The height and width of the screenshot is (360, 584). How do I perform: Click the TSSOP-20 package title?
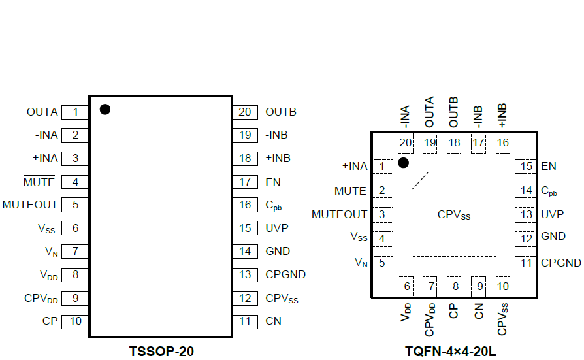[x=160, y=352]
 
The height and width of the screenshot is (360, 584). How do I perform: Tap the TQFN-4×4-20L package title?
[x=450, y=352]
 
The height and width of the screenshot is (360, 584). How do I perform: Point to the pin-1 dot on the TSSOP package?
[x=105, y=109]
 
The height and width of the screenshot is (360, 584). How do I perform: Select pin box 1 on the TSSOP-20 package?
[x=75, y=112]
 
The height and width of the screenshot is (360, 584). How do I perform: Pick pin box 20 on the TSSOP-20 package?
[x=245, y=112]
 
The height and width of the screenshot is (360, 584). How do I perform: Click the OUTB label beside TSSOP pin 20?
[x=281, y=112]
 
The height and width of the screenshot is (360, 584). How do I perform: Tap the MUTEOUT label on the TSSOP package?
[x=30, y=205]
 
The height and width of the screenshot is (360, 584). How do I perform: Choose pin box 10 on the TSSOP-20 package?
[x=75, y=321]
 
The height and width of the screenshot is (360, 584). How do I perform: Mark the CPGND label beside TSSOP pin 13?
[x=285, y=275]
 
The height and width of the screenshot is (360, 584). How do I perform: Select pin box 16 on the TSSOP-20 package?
[x=245, y=205]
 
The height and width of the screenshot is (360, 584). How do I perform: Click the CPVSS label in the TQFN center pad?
[x=454, y=214]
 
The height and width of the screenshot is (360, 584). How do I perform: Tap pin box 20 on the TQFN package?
[x=406, y=143]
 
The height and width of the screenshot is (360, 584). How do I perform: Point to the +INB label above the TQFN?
[x=502, y=114]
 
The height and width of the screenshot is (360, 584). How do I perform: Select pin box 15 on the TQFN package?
[x=526, y=167]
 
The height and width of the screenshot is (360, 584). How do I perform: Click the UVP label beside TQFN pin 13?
[x=552, y=214]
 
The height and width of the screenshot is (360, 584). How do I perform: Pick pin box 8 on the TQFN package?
[x=455, y=286]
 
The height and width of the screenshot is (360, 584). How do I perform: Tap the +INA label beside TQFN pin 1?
[x=355, y=167]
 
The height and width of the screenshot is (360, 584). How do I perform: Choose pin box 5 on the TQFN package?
[x=381, y=263]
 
